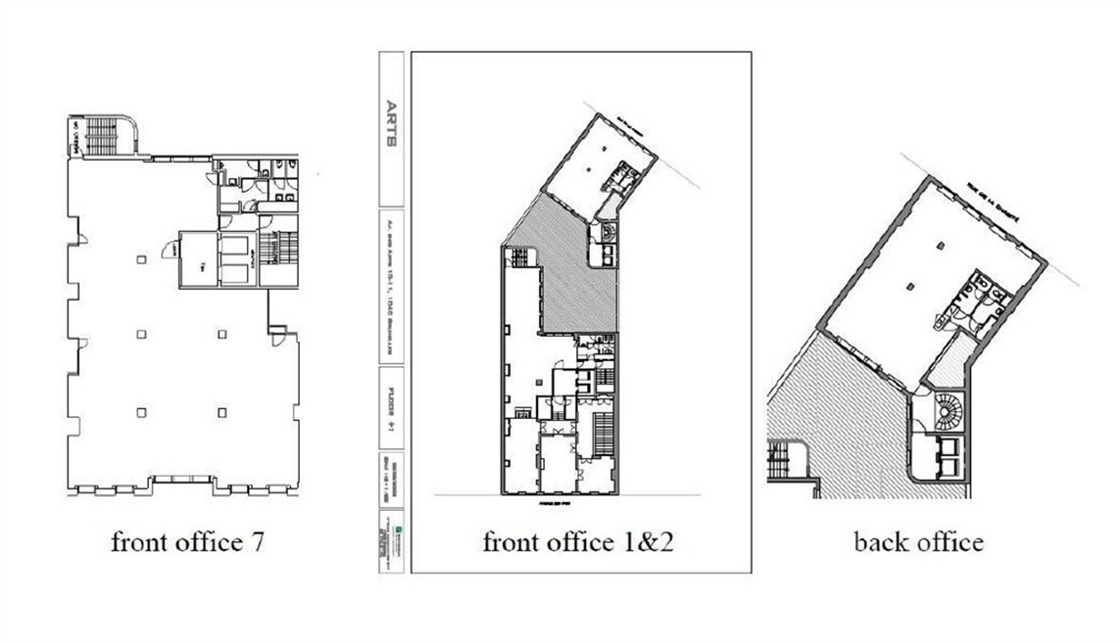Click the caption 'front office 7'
(187, 542)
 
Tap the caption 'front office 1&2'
(577, 542)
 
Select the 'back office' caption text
(918, 542)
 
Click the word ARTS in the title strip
(391, 125)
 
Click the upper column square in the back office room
(942, 244)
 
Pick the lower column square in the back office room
(912, 285)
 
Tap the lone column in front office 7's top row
(141, 260)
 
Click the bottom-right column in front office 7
(222, 413)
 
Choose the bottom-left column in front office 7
(141, 413)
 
